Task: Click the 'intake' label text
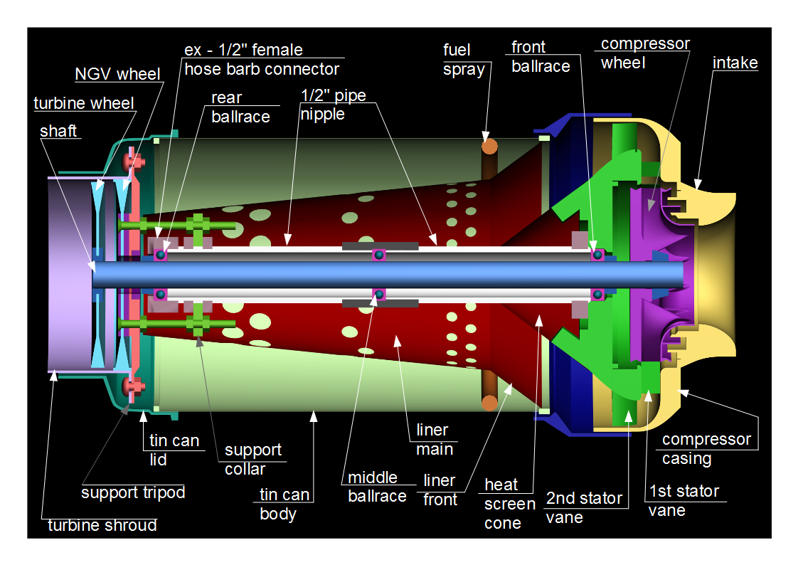click(x=735, y=63)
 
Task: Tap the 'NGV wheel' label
click(x=117, y=74)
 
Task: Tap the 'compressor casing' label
click(x=706, y=449)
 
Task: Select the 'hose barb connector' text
click(x=262, y=69)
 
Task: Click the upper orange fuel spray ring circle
click(x=489, y=147)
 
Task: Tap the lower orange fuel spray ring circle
click(x=489, y=403)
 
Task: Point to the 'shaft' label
click(x=58, y=131)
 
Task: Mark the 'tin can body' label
click(x=284, y=504)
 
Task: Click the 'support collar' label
click(x=253, y=460)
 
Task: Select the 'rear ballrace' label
click(x=240, y=107)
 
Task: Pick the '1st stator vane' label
click(x=683, y=500)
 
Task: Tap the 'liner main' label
click(x=433, y=440)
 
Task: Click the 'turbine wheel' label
click(x=84, y=103)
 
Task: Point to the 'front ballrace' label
click(x=541, y=57)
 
